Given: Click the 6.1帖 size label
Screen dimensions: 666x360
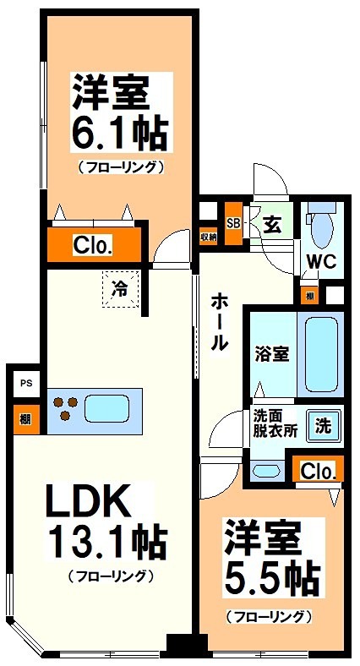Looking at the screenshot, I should pos(120,133).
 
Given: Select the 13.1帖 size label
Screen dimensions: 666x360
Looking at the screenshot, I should pos(106,542).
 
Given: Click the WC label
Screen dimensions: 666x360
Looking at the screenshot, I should pos(320,260).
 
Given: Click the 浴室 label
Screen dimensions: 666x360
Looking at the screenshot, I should pos(271,354).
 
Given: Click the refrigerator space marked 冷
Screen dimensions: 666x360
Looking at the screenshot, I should pos(121,288).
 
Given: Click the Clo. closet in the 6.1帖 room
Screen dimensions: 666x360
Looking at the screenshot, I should pos(93,246).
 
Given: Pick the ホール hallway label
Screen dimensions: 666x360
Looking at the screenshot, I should pos(218,321).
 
